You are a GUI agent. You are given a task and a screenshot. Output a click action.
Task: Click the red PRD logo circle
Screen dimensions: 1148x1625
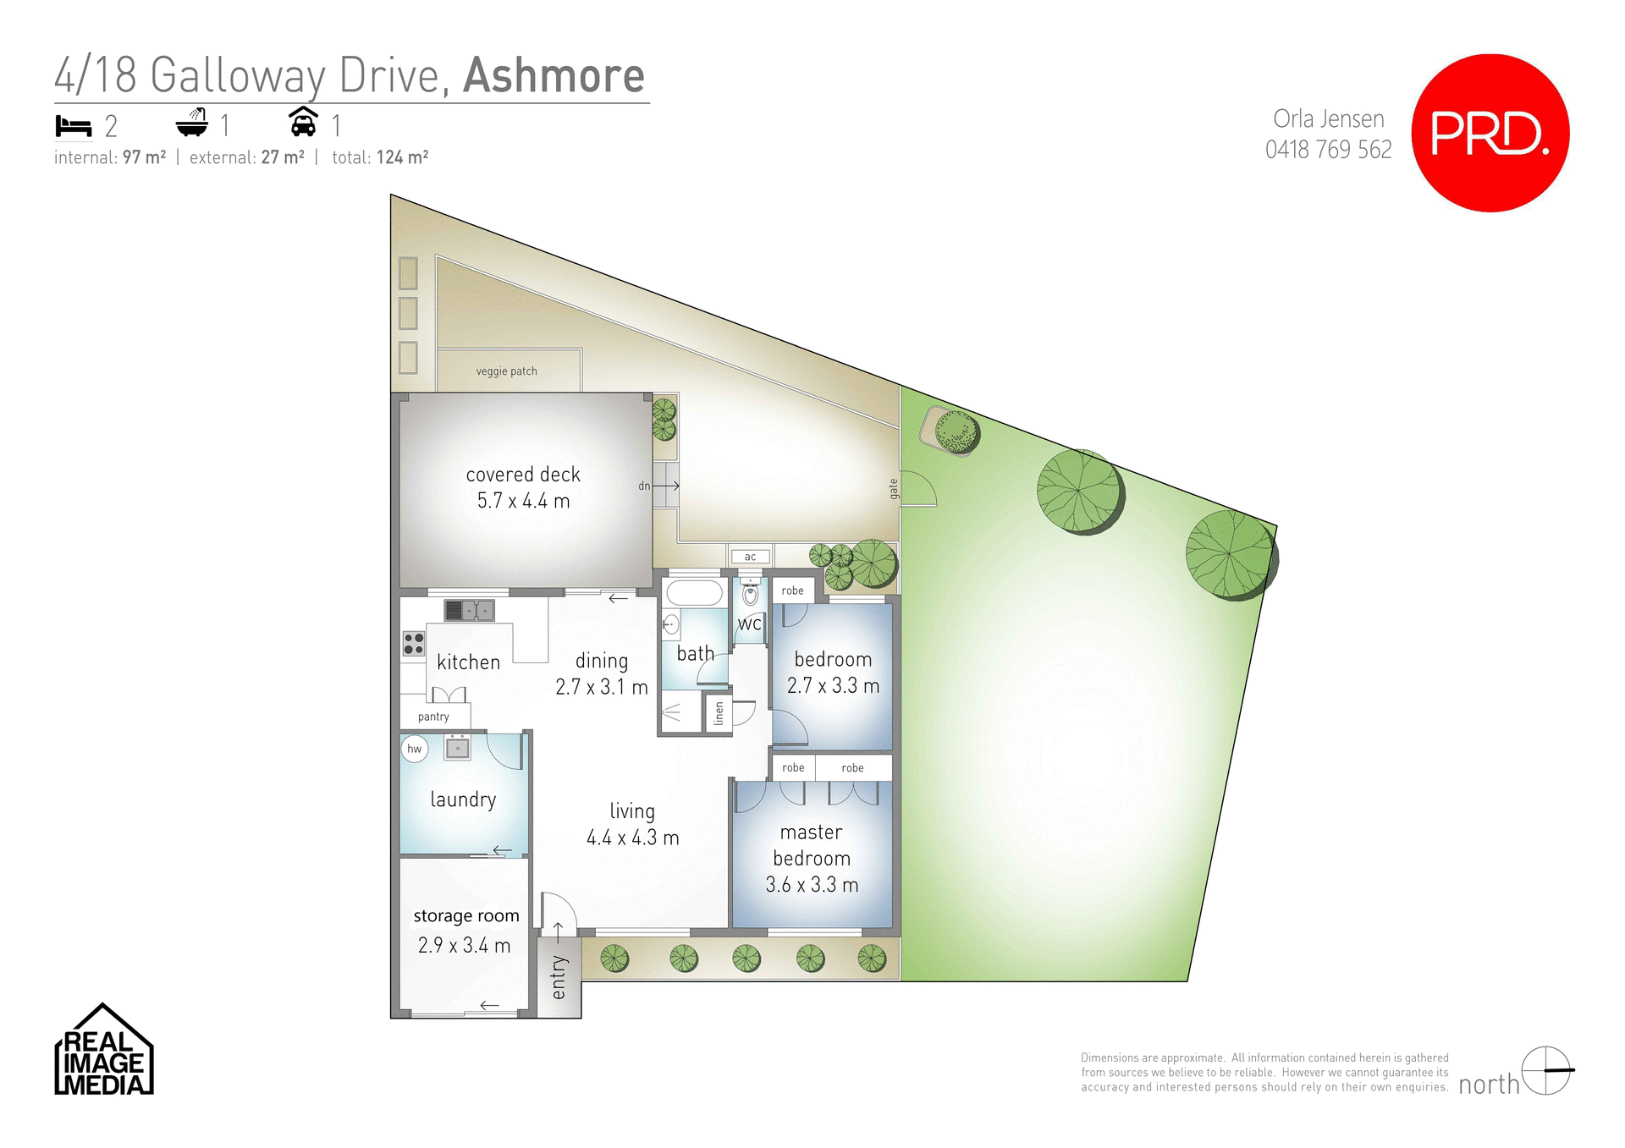pos(1490,133)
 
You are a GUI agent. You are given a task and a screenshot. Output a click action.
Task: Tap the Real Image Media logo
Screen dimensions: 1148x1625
pos(104,1052)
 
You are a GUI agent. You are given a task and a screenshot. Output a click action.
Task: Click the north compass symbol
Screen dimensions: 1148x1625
pos(1545,1070)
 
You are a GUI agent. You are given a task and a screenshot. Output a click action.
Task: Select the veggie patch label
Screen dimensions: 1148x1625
pos(506,371)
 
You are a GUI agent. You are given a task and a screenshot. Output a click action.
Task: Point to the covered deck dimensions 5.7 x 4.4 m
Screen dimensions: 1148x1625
pos(523,501)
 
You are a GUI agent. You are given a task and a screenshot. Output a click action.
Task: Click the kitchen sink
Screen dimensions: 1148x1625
pos(469,610)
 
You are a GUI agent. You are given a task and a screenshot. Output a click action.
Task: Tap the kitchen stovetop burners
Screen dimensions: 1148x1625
pos(413,644)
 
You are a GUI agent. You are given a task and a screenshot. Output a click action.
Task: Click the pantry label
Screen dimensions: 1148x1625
pos(433,717)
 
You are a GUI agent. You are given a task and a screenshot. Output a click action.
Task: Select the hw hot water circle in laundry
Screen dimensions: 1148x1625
pos(414,749)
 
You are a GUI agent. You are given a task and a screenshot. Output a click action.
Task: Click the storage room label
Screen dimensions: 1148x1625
pos(465,916)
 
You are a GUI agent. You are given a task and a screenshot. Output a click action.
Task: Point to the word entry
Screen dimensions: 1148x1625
pos(559,977)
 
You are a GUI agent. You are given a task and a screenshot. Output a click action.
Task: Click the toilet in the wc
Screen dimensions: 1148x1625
pos(750,594)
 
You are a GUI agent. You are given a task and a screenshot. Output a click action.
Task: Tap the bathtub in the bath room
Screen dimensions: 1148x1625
pos(694,592)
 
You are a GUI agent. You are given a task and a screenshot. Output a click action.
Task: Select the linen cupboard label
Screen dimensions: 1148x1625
pos(719,713)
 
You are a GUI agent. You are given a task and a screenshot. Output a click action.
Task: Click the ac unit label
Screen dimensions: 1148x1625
pos(750,557)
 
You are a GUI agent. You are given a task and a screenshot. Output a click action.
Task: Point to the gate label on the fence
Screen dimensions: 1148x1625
pos(893,488)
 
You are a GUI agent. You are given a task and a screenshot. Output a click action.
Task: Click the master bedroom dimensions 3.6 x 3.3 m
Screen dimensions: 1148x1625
pos(812,885)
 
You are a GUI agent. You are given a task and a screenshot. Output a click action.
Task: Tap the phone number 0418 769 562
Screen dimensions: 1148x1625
pos(1328,150)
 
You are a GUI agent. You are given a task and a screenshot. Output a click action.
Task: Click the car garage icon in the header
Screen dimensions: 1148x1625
pos(303,123)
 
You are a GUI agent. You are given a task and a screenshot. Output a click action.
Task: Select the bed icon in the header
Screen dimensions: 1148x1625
pos(74,126)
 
